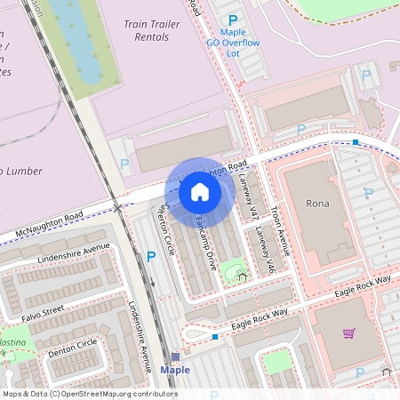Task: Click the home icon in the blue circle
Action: pyautogui.click(x=200, y=190)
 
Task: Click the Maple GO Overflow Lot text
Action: pyautogui.click(x=233, y=42)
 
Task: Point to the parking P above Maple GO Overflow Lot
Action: pyautogui.click(x=233, y=20)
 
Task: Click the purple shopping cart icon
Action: pyautogui.click(x=348, y=333)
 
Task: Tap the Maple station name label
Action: pyautogui.click(x=175, y=370)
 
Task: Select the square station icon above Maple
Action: pyautogui.click(x=175, y=356)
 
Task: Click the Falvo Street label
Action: pyautogui.click(x=42, y=310)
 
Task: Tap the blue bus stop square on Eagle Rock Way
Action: pyautogui.click(x=215, y=337)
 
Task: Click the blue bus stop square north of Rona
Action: pyautogui.click(x=356, y=142)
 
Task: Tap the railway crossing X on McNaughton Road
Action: pyautogui.click(x=119, y=208)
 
